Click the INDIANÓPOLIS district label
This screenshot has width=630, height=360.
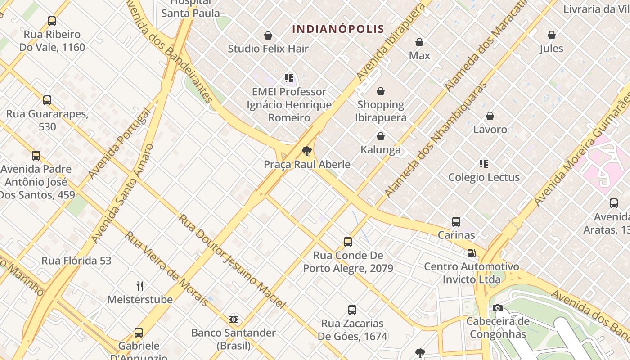point(338,29)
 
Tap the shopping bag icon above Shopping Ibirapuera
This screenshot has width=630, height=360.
point(381,91)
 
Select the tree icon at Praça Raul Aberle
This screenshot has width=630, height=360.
point(307,151)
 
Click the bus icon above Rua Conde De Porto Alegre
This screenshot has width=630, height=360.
point(348,242)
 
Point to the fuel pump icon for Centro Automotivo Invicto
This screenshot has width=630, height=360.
point(471,253)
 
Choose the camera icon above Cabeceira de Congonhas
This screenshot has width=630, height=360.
point(497,308)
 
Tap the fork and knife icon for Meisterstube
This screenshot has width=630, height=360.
point(140,286)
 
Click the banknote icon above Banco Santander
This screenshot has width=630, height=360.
point(233,319)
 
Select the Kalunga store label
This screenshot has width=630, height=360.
point(381,150)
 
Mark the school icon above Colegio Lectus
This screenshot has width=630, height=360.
point(484,164)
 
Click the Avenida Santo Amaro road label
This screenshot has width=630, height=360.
point(122,193)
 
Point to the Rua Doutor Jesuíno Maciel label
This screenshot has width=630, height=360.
point(232,261)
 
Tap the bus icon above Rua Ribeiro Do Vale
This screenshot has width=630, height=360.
point(52,21)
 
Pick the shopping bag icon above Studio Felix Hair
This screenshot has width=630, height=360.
point(268,36)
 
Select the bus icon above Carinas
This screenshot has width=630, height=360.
point(456,222)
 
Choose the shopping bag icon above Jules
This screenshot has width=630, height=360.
point(551,35)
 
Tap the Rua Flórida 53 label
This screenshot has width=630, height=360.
point(76,261)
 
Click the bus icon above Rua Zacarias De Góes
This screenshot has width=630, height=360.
point(352,310)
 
